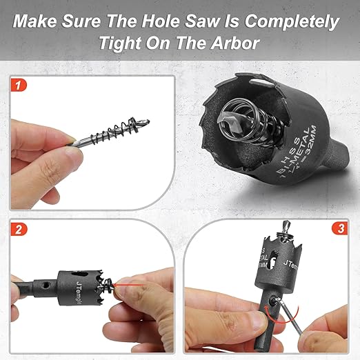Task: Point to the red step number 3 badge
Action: pyautogui.click(x=338, y=230)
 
